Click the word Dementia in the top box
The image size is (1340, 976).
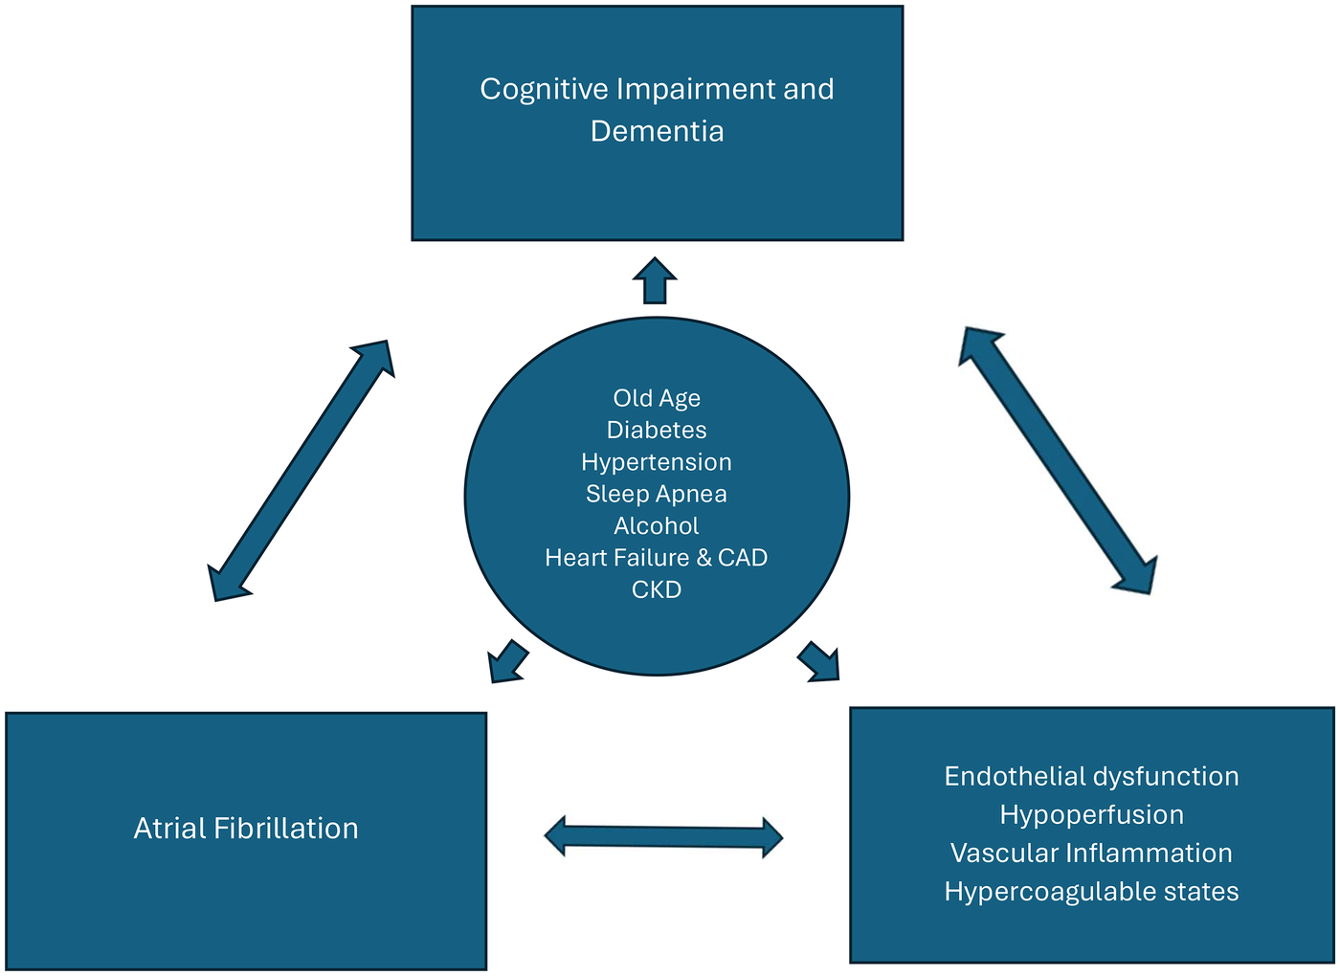click(657, 131)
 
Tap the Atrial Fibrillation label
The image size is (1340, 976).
click(246, 828)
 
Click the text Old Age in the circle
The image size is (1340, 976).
click(657, 398)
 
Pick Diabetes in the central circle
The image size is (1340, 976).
click(657, 430)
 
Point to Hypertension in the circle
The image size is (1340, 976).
click(657, 462)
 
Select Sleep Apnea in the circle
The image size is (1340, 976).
click(657, 494)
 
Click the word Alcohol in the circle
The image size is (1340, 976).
click(657, 525)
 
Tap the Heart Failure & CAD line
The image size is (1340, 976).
click(657, 558)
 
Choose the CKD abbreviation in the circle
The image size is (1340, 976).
click(657, 589)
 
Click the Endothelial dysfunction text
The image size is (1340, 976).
click(1091, 776)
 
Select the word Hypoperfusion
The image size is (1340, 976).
click(1091, 814)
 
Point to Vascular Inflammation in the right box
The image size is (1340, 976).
click(1091, 853)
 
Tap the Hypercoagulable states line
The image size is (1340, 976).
click(1091, 891)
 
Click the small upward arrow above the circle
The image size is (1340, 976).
click(655, 280)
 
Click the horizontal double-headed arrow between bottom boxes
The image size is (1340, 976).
click(663, 837)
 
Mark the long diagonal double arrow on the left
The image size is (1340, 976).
click(301, 470)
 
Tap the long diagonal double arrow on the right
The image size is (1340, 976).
click(1058, 460)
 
